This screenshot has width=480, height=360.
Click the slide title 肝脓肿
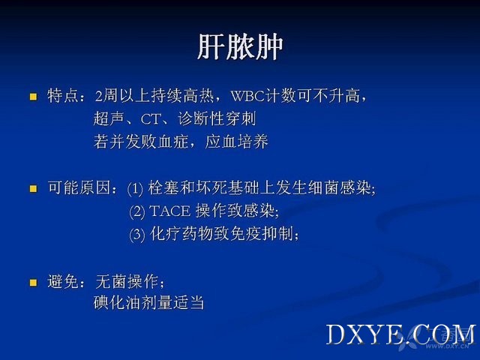240,46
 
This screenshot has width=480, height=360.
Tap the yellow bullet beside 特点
33,97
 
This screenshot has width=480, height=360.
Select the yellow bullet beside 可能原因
33,188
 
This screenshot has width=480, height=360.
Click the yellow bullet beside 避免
33,282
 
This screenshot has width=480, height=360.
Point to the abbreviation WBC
247,96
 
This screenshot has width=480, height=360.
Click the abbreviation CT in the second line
151,119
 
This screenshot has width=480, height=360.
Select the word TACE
170,211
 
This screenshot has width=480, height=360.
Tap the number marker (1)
135,188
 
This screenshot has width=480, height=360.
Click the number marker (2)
136,211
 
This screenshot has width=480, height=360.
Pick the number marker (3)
136,235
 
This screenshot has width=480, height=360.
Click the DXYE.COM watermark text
400,335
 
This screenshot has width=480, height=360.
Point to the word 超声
109,118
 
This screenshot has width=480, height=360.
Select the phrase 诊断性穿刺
217,118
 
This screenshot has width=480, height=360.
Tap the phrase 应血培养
237,142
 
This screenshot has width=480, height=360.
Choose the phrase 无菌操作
127,282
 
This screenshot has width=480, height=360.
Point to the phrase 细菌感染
340,188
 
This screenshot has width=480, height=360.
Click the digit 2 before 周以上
98,96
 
